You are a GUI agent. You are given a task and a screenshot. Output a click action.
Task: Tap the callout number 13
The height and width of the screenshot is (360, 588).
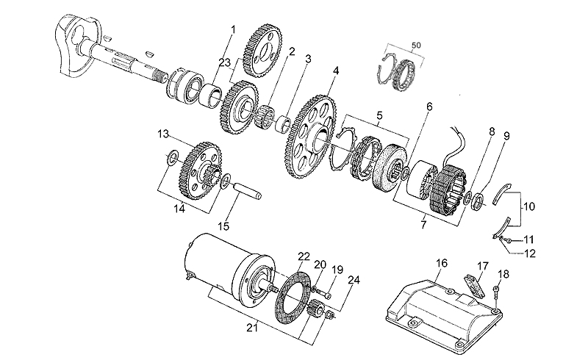[x=163, y=134]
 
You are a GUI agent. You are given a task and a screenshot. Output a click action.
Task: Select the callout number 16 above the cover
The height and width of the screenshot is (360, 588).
[x=441, y=263]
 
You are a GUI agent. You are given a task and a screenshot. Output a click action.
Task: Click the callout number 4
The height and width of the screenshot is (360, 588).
[x=335, y=71]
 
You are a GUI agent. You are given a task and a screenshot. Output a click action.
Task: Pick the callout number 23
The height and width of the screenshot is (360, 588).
[x=225, y=62]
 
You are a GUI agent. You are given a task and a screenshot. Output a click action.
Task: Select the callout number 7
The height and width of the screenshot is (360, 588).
[x=423, y=225]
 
